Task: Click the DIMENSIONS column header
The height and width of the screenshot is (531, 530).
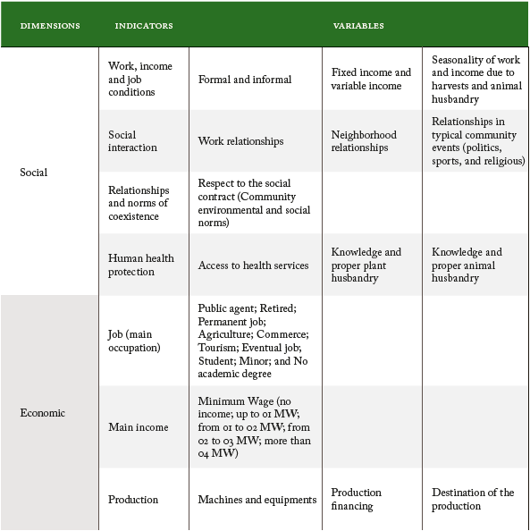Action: [49, 26]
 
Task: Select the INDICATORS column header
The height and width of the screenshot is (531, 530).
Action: [143, 26]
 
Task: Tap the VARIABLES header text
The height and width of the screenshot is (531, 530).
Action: [358, 26]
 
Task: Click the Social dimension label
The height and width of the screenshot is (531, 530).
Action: [34, 173]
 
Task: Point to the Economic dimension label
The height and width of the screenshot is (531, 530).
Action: [42, 413]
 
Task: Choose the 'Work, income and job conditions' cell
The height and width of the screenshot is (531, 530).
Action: [140, 79]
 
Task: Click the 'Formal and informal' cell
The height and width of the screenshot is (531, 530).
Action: [245, 80]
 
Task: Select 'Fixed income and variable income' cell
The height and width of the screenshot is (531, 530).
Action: [371, 79]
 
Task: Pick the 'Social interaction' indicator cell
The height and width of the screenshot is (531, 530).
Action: [132, 141]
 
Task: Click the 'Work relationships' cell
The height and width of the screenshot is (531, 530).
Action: [240, 141]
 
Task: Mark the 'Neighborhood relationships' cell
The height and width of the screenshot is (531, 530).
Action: [364, 141]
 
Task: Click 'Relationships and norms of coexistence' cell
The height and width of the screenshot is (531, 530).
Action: [139, 203]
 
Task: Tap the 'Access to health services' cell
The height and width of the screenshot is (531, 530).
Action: [253, 265]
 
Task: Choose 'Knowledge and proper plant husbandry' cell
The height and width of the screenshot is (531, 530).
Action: [366, 265]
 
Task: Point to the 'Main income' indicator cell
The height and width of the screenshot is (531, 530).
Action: [139, 427]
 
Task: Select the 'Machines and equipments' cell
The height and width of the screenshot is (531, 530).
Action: [257, 500]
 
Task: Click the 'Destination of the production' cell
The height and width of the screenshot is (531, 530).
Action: [473, 499]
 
